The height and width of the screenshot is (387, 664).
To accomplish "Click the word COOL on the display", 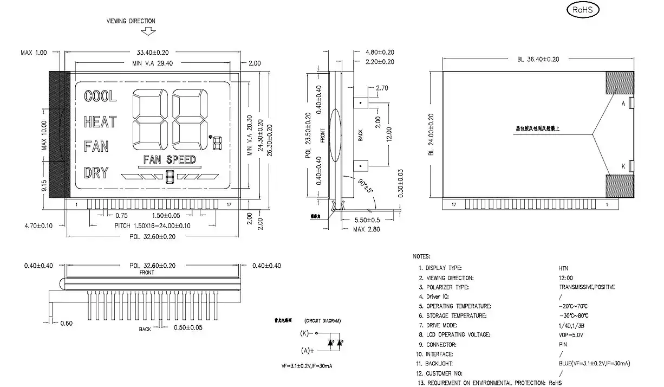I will [100, 96].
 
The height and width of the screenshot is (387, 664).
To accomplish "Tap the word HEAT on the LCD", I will [100, 122].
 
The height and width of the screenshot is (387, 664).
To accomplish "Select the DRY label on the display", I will [96, 173].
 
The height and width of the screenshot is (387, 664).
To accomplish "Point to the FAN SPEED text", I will [169, 159].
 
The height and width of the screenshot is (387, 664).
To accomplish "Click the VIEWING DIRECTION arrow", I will [147, 31].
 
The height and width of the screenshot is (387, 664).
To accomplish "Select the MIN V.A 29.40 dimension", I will [153, 63].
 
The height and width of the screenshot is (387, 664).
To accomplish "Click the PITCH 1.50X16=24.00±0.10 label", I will [152, 225].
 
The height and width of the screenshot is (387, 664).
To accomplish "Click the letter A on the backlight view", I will [623, 103].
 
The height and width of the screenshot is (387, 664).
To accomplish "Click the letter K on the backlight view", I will [623, 166].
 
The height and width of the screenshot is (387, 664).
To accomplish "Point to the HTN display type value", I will [563, 268].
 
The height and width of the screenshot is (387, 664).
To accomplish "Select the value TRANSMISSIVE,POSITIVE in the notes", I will [587, 287].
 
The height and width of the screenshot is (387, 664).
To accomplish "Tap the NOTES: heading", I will [421, 256].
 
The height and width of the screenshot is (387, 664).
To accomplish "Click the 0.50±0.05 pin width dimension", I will [188, 328].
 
